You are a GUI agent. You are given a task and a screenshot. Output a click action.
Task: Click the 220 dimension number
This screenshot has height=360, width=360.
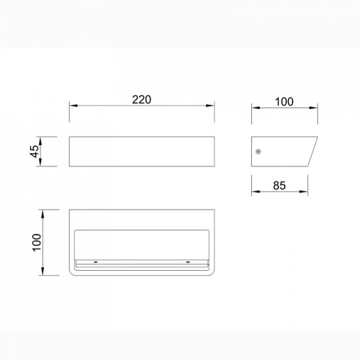pyautogui.click(x=142, y=100)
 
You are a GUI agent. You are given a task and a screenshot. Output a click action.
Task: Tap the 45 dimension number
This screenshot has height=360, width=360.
pyautogui.click(x=35, y=151)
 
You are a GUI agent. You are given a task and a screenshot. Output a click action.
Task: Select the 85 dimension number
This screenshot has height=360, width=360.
pyautogui.click(x=280, y=185)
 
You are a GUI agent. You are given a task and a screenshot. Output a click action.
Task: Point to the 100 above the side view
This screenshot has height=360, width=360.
pyautogui.click(x=284, y=102)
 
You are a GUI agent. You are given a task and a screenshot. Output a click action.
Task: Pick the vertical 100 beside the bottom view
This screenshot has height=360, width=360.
pyautogui.click(x=37, y=242)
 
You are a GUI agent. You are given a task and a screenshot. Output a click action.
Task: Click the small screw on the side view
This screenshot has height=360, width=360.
pyautogui.click(x=259, y=152)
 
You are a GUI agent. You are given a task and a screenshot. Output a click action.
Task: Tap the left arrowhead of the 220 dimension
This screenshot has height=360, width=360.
pyautogui.click(x=73, y=106)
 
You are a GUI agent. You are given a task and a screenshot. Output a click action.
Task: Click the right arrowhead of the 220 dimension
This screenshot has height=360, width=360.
pyautogui.click(x=210, y=106)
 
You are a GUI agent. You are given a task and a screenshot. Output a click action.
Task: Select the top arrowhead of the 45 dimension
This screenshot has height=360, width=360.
pyautogui.click(x=40, y=141)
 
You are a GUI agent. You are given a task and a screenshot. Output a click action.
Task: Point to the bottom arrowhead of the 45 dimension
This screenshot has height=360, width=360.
pyautogui.click(x=40, y=162)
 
